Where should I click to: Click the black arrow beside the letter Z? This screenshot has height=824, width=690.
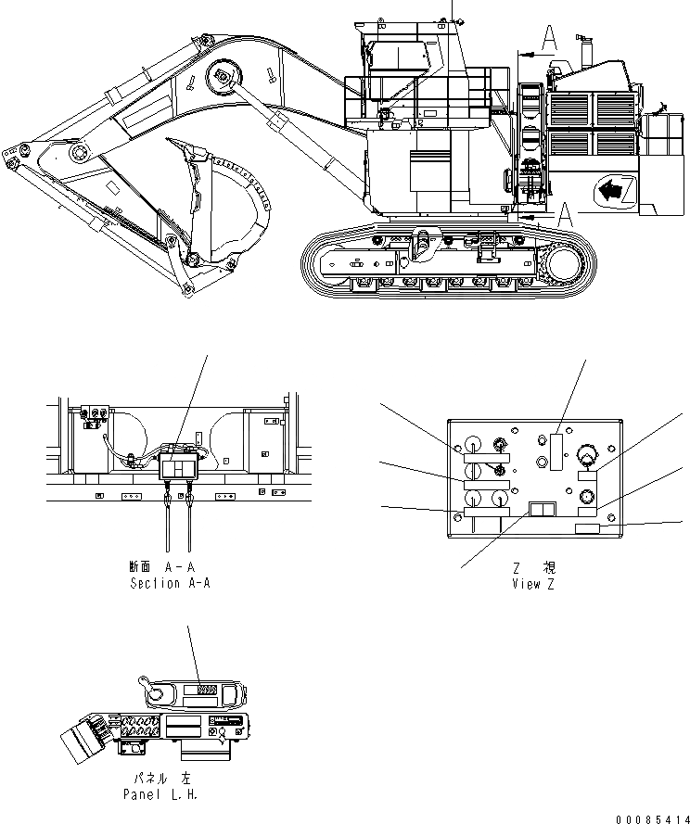[x=608, y=192]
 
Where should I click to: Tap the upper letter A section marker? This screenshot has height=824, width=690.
[x=548, y=38]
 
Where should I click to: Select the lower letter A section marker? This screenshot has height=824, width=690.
[x=563, y=216]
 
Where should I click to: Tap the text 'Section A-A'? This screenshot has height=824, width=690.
[x=170, y=583]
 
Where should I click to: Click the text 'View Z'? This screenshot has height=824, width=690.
[x=533, y=584]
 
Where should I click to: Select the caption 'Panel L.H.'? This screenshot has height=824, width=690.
[x=160, y=794]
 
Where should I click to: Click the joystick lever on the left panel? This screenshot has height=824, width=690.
[x=148, y=686]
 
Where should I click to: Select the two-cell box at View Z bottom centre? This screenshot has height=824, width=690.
[x=541, y=509]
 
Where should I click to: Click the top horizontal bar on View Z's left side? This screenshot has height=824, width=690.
[x=485, y=455]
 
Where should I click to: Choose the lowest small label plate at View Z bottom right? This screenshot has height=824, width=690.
[x=589, y=528]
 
